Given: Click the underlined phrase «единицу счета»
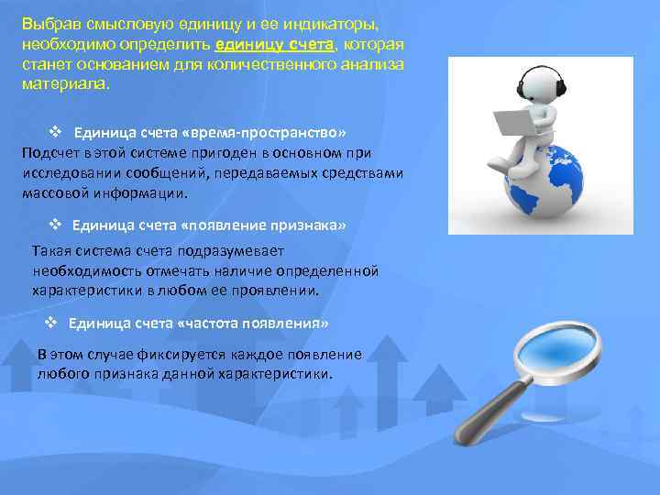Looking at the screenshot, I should (261, 45).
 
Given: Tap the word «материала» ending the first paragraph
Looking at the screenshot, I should (63, 84).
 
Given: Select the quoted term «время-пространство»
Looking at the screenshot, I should (266, 132).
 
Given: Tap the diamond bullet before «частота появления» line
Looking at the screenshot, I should (51, 324).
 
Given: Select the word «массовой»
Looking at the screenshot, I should (51, 193).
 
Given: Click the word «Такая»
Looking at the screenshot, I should (51, 251).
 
